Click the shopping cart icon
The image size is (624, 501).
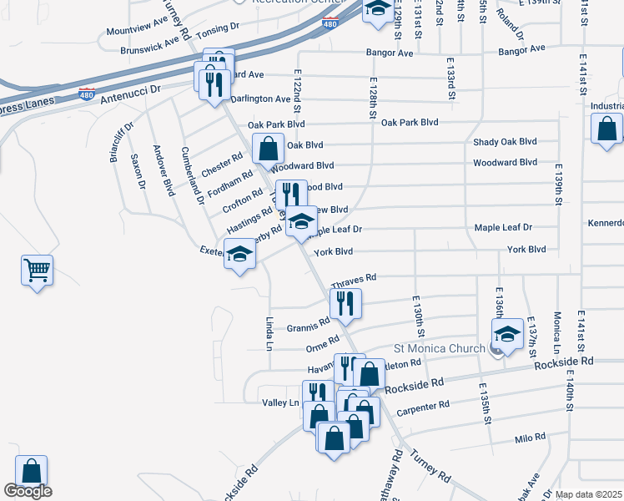click(x=37, y=271)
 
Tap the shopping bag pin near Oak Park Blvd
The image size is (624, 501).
click(x=268, y=149)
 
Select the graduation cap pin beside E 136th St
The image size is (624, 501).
click(x=507, y=333)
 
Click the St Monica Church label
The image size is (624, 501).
click(x=439, y=348)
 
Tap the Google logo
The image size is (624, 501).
click(x=28, y=491)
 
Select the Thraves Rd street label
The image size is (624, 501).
click(x=354, y=277)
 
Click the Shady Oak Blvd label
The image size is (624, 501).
click(x=505, y=142)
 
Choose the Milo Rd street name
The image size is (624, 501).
click(x=530, y=438)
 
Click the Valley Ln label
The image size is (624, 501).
click(x=280, y=402)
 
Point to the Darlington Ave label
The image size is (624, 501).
click(x=260, y=99)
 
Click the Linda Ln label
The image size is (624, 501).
click(x=269, y=334)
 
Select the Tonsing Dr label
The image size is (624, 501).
click(x=218, y=27)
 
